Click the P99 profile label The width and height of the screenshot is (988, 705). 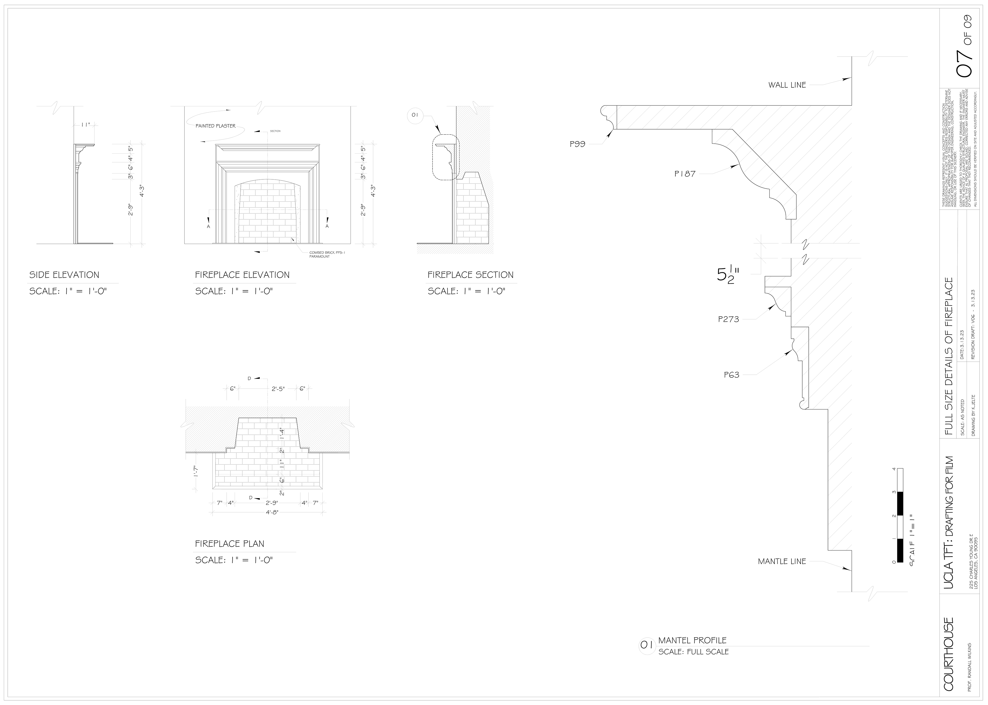(x=577, y=144)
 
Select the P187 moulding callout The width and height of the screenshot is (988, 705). (x=685, y=174)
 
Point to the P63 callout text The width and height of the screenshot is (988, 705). (x=731, y=375)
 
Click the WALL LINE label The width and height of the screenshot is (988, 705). (x=787, y=85)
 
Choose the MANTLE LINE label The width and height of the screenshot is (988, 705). (x=782, y=561)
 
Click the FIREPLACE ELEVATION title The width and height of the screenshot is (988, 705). (x=242, y=275)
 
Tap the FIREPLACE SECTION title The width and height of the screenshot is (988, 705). (x=470, y=275)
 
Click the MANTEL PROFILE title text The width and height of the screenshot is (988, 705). (x=692, y=640)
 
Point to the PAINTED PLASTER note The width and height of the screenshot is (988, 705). (x=216, y=126)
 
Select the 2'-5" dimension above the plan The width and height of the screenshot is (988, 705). (x=278, y=389)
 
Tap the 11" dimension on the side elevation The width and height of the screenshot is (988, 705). (x=86, y=125)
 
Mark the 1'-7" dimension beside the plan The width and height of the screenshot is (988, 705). (x=196, y=471)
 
